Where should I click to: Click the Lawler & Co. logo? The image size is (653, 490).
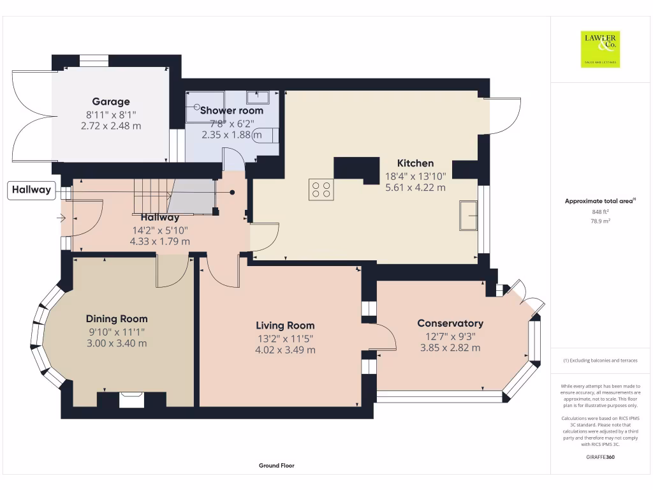(599, 49)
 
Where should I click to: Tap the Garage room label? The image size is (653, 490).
(111, 101)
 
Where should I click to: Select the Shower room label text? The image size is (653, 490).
(231, 110)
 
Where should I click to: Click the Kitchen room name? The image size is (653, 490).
(415, 163)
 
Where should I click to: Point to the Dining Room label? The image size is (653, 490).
(117, 319)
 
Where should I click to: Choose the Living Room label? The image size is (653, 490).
(285, 325)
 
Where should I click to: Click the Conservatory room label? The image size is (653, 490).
(450, 323)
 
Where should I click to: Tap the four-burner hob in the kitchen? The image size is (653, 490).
(321, 189)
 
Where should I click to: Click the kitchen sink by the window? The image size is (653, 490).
(469, 215)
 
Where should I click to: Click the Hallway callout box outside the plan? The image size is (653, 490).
(31, 190)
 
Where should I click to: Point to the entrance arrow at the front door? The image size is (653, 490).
(61, 218)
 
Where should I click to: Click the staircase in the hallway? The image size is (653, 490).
(153, 195)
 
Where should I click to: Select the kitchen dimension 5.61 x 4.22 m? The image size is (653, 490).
(415, 188)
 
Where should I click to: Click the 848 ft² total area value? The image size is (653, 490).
(599, 212)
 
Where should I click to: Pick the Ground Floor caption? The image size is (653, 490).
(276, 466)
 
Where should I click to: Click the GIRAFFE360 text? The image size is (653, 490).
(599, 457)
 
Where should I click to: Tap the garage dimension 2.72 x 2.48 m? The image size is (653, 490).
(111, 126)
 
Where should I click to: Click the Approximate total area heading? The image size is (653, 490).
(599, 201)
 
